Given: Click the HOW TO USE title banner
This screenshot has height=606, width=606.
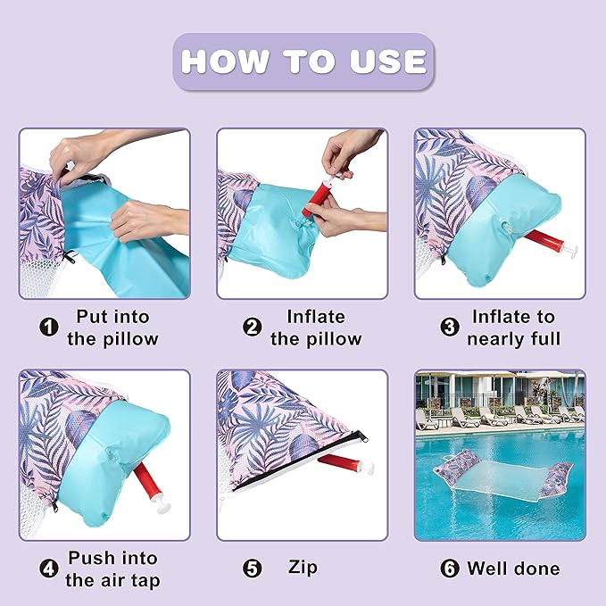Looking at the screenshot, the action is (303, 62).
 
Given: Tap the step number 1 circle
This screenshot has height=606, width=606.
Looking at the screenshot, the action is (49, 328).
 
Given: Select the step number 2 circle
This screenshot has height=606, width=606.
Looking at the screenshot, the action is (252, 328).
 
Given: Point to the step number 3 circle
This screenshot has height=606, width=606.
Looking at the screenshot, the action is (450, 328).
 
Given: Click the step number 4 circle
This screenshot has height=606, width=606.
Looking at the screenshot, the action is (49, 569).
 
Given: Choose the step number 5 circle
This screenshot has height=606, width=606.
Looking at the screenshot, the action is (252, 569).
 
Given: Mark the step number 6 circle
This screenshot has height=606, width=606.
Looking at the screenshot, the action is (450, 569).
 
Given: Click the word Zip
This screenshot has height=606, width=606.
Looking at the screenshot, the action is (303, 568).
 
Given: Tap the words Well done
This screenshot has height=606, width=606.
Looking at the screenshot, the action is (513, 569).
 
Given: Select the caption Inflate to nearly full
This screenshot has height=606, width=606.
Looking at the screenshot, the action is (514, 328).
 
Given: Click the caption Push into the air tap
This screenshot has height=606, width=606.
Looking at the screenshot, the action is (112, 569).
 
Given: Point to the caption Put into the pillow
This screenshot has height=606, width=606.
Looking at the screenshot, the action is (112, 328).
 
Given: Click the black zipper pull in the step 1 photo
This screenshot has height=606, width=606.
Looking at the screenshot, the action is (70, 257).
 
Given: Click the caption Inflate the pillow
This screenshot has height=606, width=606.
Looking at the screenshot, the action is (316, 328).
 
